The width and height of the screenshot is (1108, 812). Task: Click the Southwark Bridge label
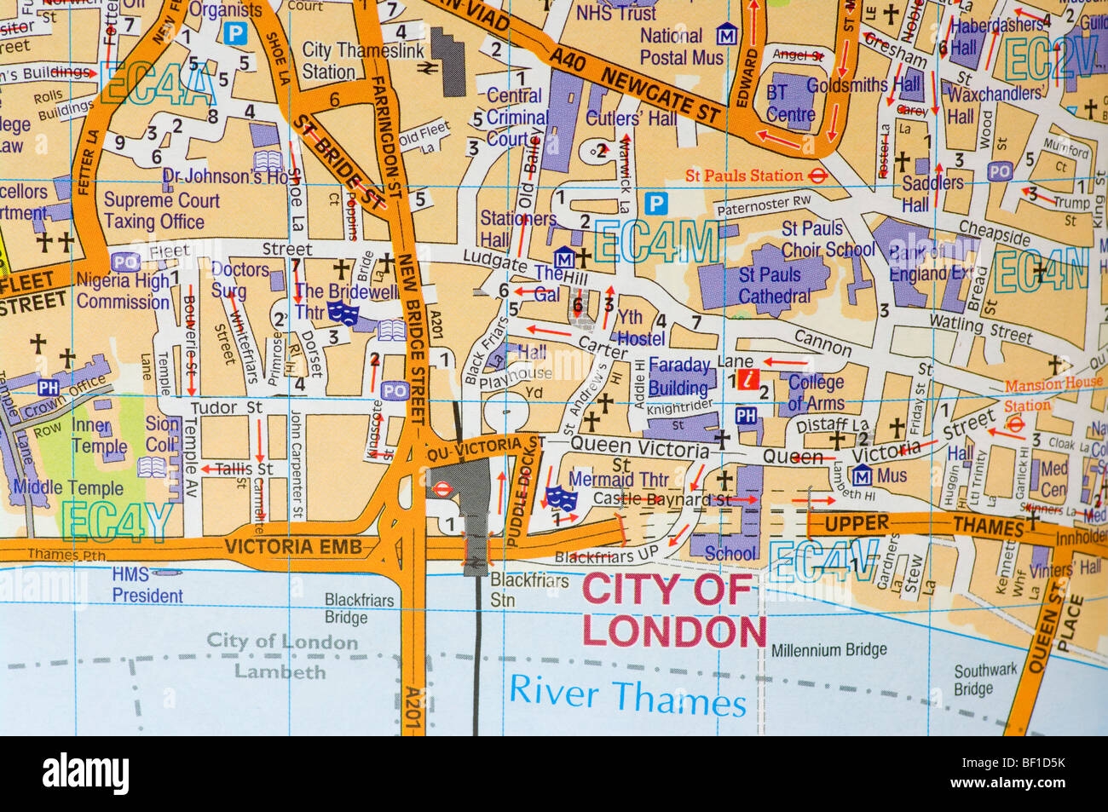pos(985,679)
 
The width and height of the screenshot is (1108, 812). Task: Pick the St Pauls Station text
pos(744,176)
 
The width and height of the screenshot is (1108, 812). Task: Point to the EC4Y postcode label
pos(118,521)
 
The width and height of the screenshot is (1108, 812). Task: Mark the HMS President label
pos(147,585)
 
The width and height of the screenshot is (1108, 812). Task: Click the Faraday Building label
pos(678,376)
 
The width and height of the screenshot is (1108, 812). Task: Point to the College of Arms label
pos(816,392)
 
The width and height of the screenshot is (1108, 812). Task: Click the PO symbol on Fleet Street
pos(125,262)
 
